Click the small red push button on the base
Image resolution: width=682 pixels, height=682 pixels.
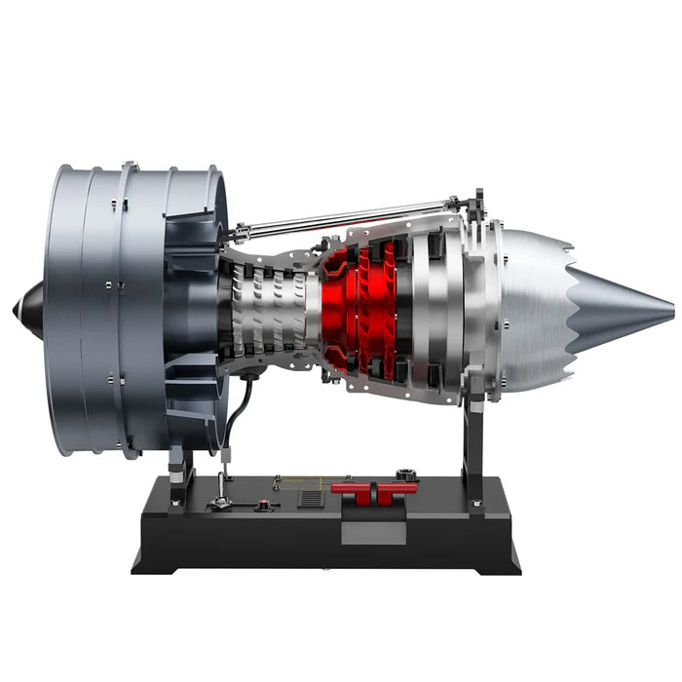(x=262, y=505)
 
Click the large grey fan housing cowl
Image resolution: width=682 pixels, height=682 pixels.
(x=107, y=310)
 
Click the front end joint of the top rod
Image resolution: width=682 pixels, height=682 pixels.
(x=238, y=232)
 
